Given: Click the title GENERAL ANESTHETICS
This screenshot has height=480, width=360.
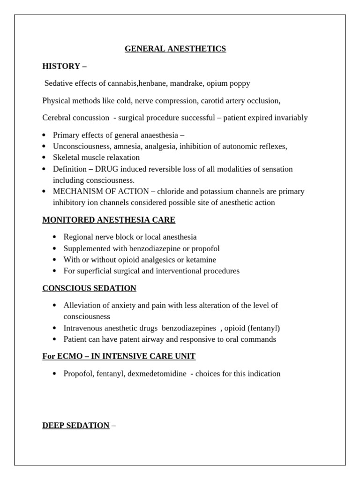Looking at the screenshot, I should coord(175,49).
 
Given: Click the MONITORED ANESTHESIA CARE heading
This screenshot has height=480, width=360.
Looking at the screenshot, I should coord(109,220).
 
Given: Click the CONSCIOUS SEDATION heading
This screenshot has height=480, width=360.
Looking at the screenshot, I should coord(89,288).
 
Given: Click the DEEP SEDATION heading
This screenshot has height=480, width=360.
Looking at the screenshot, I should coord(75,426).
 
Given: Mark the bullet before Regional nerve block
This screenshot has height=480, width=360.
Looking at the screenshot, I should coord(55,237).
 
